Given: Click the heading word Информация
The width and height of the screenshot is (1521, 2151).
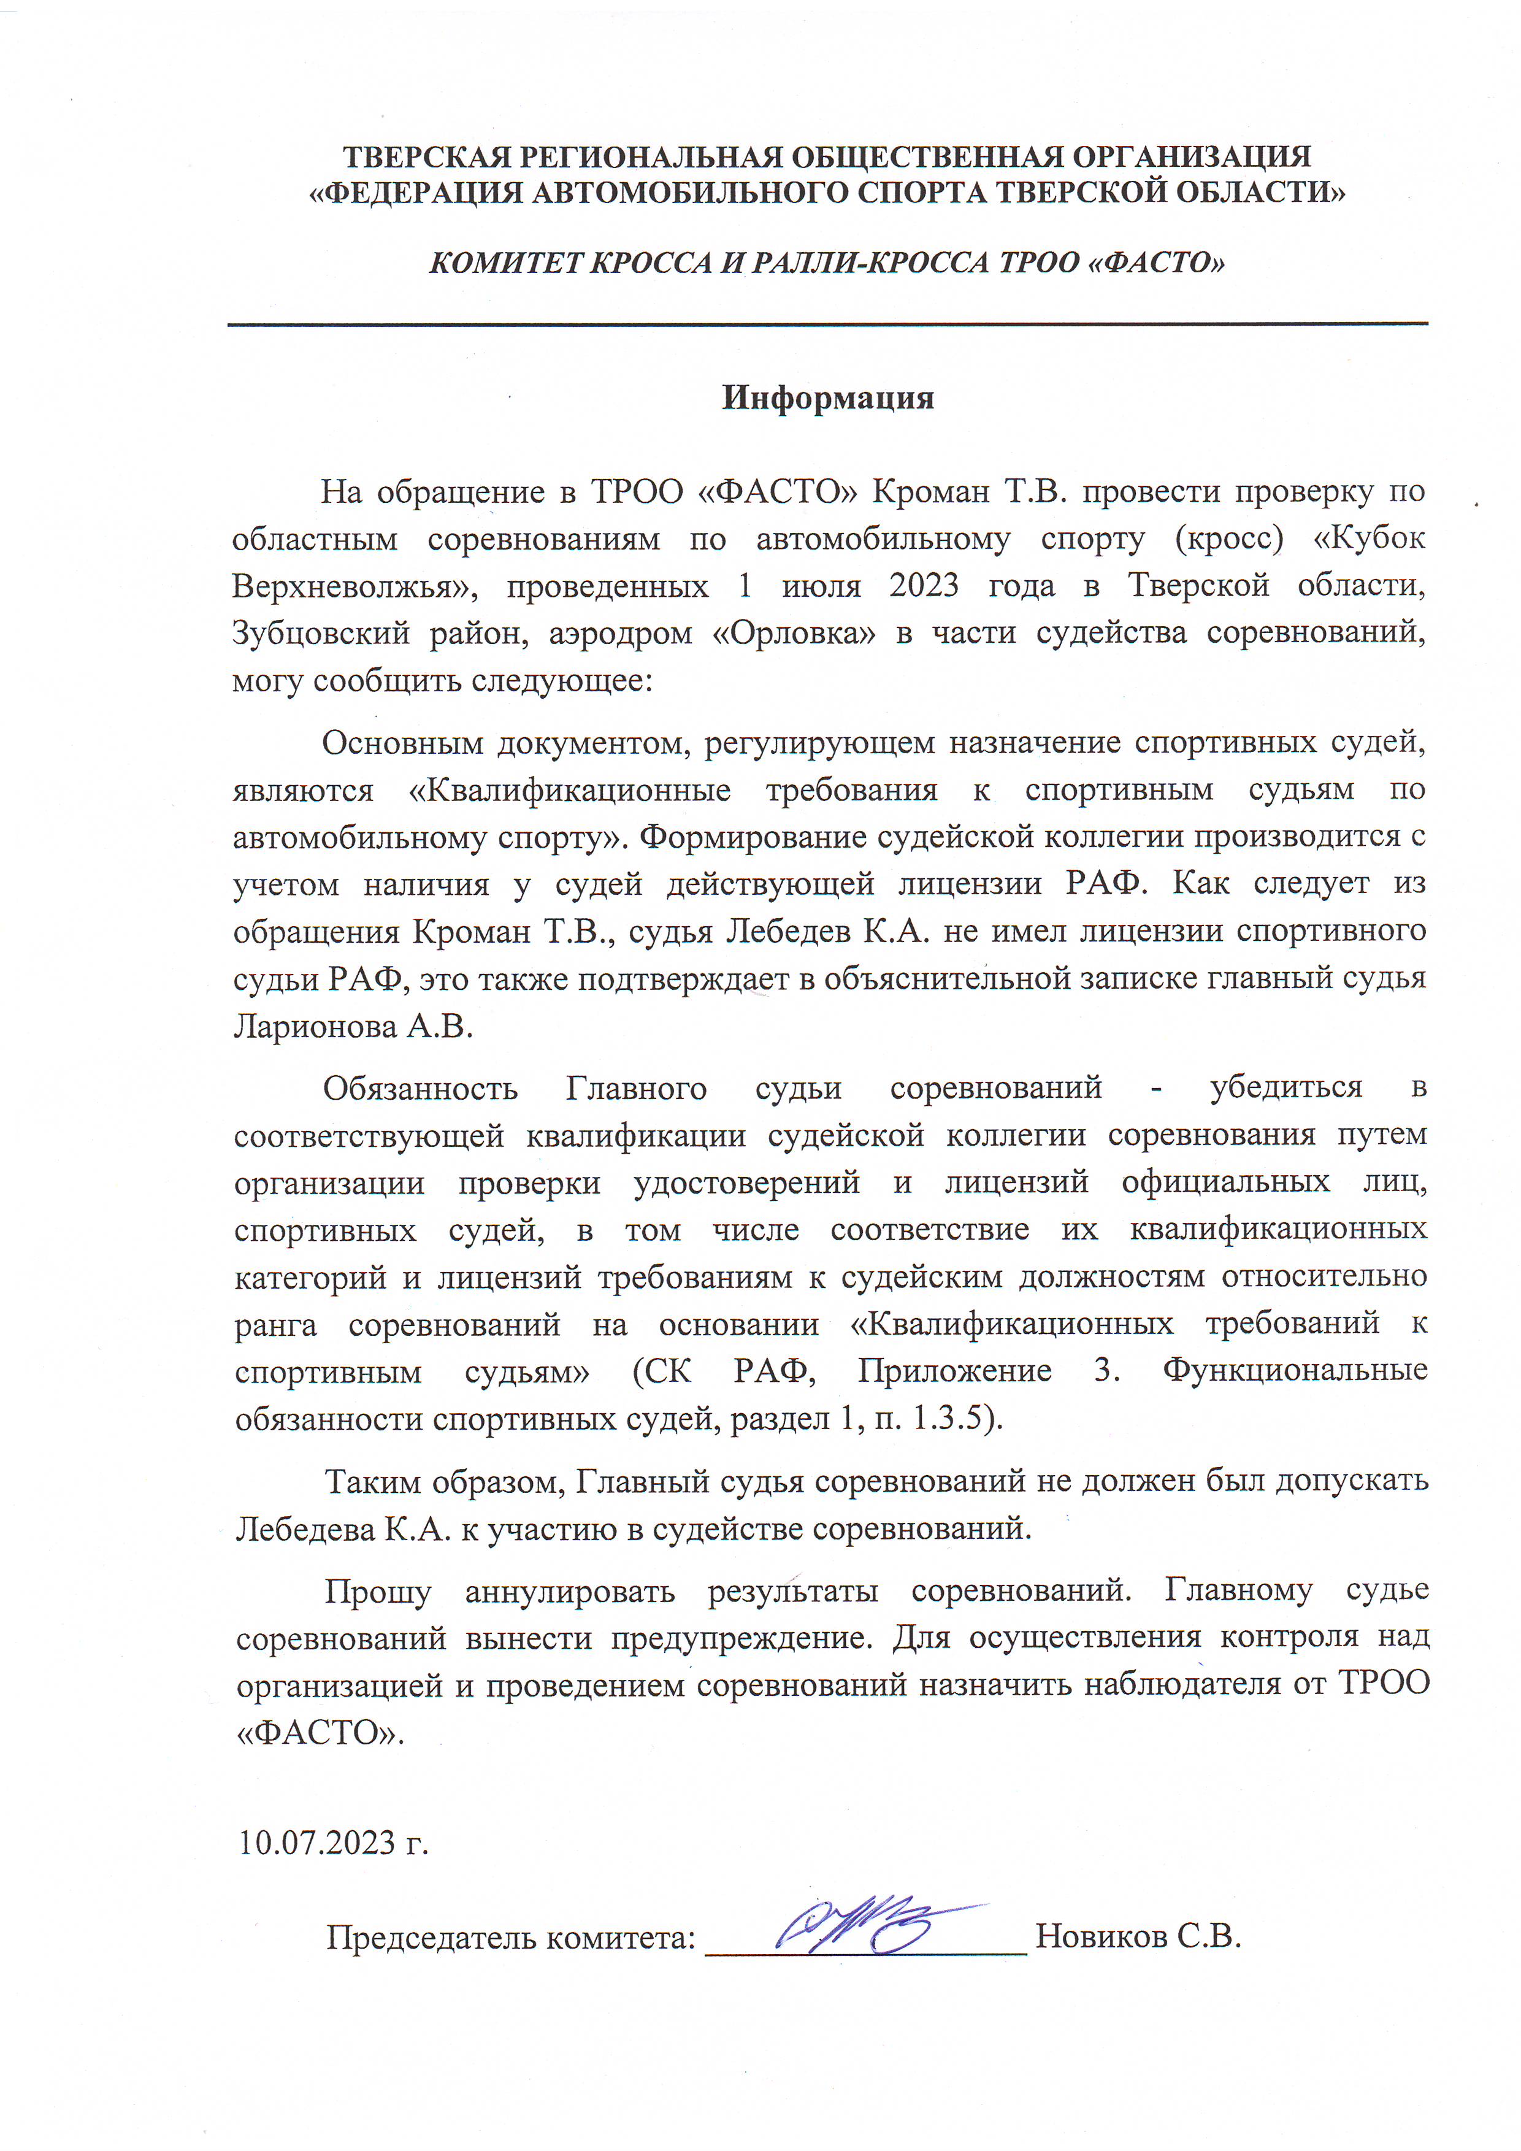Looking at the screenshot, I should click(x=828, y=397).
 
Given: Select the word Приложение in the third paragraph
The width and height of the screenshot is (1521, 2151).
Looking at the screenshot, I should click(x=954, y=1371).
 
